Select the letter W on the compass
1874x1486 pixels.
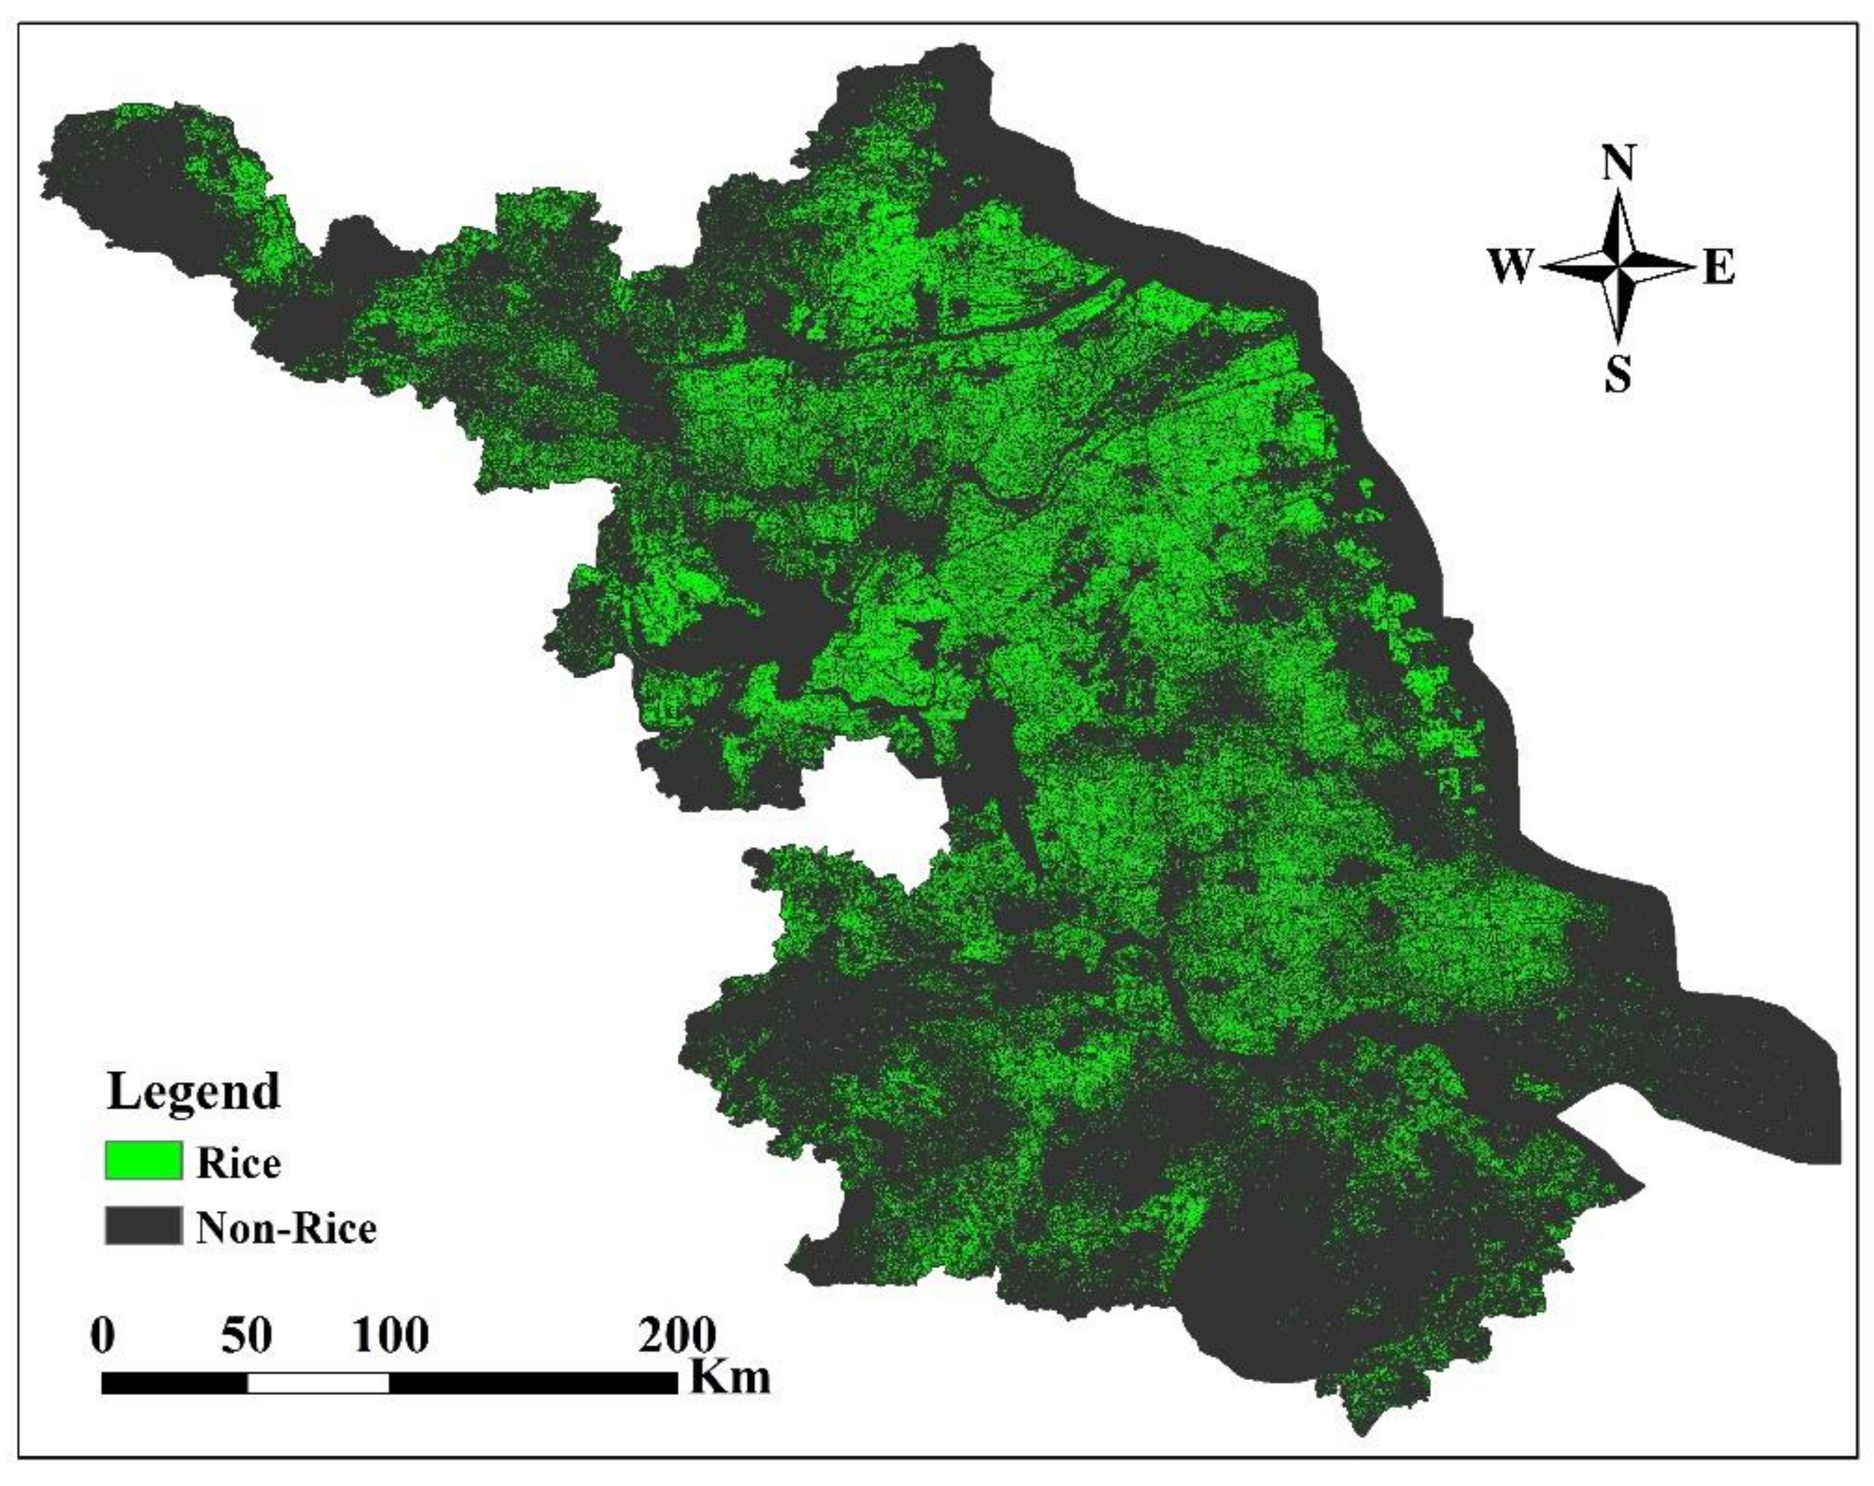1511,266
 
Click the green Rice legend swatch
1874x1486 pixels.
144,1161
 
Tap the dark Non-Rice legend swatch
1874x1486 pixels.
144,1226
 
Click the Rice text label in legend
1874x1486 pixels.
239,1162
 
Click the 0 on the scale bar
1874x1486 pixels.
102,1335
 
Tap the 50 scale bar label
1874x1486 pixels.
247,1335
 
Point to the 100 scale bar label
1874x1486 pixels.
390,1335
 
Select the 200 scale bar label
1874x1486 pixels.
678,1335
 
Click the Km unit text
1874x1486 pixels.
729,1377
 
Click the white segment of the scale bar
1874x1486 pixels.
318,1383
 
